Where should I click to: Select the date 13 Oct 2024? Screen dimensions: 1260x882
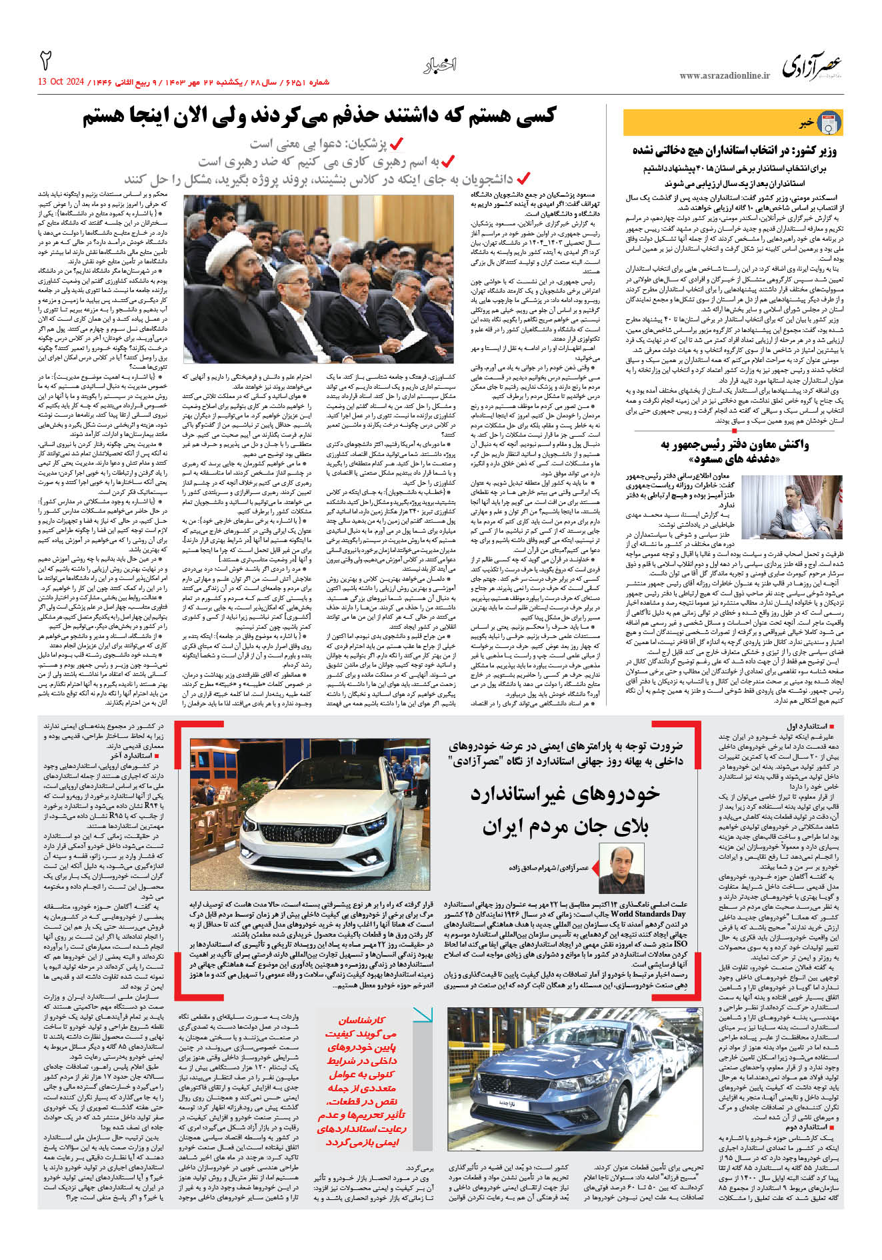(x=61, y=82)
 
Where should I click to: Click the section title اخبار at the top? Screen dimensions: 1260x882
(x=440, y=65)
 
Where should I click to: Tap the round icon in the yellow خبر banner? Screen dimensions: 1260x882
(x=829, y=123)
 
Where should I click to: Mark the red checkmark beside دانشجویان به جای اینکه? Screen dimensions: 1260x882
(x=523, y=178)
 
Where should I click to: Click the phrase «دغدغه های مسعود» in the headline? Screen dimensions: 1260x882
(x=723, y=460)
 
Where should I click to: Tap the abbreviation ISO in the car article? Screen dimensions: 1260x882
(x=681, y=945)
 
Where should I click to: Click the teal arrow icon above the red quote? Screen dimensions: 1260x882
(x=422, y=1015)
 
